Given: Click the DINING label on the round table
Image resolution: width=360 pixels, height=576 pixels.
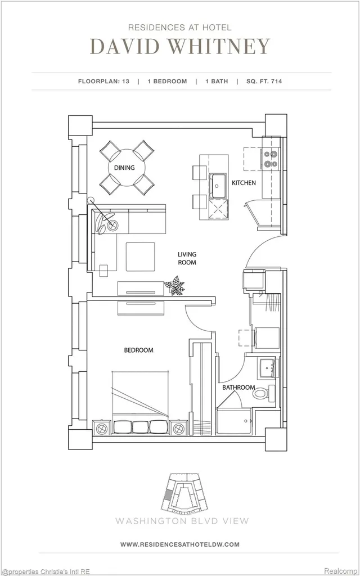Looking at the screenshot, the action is [x=124, y=168].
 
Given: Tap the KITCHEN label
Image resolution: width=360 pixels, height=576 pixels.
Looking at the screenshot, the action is [x=244, y=183].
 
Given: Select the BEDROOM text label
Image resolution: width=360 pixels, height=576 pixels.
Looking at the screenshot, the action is [x=138, y=350].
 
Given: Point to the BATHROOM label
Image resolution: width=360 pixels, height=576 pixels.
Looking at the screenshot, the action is [x=238, y=388].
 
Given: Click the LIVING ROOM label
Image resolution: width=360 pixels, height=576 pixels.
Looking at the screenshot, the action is [x=187, y=258].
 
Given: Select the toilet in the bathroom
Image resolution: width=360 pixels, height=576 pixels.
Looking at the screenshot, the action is [x=264, y=393].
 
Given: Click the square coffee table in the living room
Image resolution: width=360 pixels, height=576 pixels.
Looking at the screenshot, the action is [x=140, y=256].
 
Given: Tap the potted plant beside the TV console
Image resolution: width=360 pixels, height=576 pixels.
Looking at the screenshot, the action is [x=174, y=285].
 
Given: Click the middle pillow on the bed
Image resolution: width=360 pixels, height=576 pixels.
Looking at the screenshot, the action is [x=140, y=426].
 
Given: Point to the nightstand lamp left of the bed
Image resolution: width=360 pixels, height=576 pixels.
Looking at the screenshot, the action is [x=102, y=428].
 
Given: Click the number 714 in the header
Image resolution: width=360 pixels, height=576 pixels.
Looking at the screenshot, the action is [x=276, y=81].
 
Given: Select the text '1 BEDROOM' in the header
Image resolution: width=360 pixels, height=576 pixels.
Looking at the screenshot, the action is [x=167, y=81].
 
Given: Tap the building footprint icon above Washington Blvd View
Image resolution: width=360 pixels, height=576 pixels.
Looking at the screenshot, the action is [x=183, y=493].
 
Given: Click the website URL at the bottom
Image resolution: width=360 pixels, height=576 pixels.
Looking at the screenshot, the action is [x=180, y=544].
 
